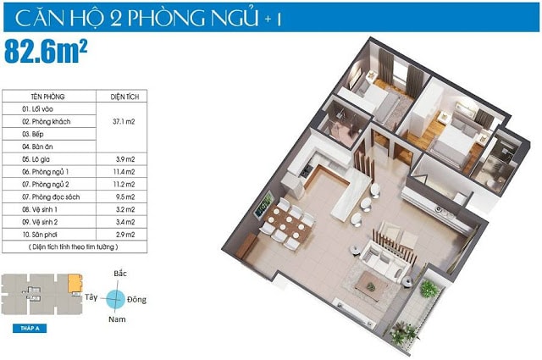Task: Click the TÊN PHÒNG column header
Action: [x=49, y=96]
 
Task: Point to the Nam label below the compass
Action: [x=119, y=319]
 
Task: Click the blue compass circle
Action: [x=119, y=297]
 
